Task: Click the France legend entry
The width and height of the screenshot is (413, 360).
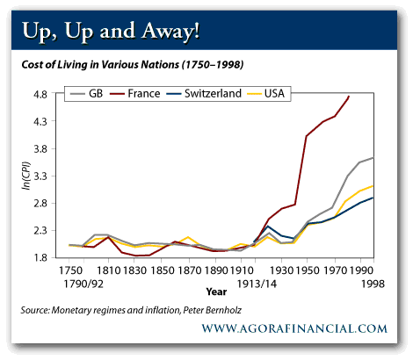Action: [x=135, y=94]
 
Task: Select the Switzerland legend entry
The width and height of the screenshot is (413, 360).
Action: [x=204, y=94]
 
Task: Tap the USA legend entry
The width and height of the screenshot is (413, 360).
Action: [x=266, y=94]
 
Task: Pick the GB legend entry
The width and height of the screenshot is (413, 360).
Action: [x=87, y=94]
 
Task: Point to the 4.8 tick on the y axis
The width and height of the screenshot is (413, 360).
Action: [x=40, y=95]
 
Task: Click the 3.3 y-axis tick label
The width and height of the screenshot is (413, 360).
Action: [x=40, y=176]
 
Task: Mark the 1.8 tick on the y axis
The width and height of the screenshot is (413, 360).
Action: [x=40, y=258]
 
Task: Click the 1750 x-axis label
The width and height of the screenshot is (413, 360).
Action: [x=70, y=270]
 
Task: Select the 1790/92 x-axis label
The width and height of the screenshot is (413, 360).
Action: [x=83, y=284]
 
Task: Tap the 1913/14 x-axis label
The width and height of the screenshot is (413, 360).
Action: [x=257, y=284]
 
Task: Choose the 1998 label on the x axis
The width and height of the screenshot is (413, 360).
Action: [x=373, y=284]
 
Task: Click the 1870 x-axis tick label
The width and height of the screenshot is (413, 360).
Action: [x=190, y=270]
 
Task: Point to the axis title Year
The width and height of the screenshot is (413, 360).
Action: [x=216, y=292]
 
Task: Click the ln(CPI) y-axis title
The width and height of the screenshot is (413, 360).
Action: [x=26, y=176]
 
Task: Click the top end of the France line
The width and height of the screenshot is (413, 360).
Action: [x=349, y=96]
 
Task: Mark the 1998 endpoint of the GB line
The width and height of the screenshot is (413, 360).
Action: [x=373, y=158]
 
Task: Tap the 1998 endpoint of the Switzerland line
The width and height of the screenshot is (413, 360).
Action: [x=373, y=198]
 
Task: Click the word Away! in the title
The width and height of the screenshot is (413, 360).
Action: [x=170, y=31]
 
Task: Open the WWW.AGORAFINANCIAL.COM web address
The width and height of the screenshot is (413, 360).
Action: [x=294, y=328]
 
